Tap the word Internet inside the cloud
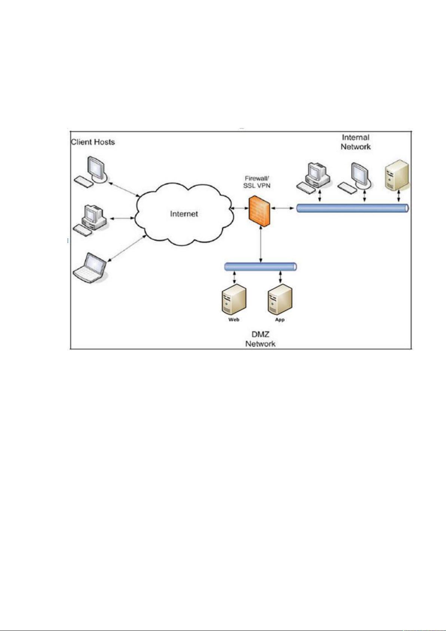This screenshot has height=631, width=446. coord(184,214)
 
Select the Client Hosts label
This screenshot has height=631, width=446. coord(93,142)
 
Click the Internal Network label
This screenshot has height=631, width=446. coord(355,142)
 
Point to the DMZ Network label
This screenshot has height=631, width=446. coord(260,339)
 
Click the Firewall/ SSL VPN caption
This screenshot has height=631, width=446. coord(257,182)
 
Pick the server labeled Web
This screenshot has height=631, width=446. coord(234,299)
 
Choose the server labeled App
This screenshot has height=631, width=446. coord(280,299)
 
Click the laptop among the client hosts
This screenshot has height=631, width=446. coord(90,267)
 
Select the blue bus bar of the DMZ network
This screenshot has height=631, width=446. coord(260,267)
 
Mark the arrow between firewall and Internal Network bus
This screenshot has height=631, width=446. coord(283,208)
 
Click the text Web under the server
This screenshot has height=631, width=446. coord(234,319)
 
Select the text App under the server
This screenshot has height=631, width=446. coord(280,320)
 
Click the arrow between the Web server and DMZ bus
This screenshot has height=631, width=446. coord(234,277)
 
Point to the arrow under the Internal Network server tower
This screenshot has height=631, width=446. coord(399,196)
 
